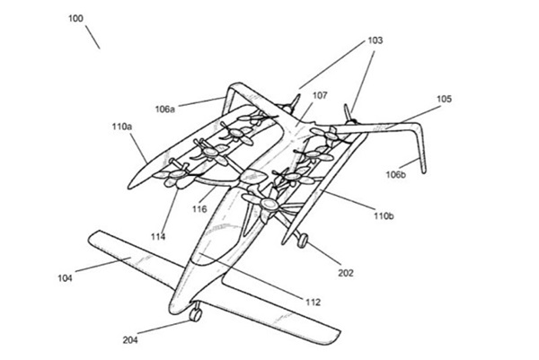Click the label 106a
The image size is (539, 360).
click(x=166, y=109)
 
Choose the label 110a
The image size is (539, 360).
click(x=122, y=128)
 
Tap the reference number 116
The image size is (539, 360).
click(x=199, y=209)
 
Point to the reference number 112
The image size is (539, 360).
click(x=312, y=302)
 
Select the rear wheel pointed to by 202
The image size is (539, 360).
click(x=304, y=240)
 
